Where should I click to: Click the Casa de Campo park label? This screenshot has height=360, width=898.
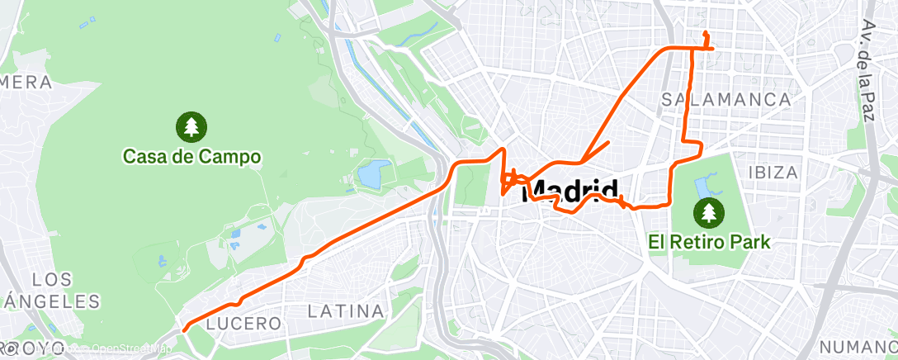click(x=191, y=155)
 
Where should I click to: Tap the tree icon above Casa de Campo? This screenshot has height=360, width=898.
click(x=191, y=126)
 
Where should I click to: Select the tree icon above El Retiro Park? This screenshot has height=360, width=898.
click(x=708, y=213)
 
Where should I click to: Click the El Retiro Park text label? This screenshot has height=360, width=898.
click(x=709, y=243)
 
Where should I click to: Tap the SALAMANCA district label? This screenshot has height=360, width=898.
click(x=726, y=99)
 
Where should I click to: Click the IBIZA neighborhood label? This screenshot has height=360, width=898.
click(x=773, y=173)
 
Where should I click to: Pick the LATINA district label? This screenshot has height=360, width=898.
click(x=346, y=311)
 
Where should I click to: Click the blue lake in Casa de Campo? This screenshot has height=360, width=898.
click(x=374, y=173)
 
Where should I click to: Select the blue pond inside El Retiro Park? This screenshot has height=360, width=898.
click(x=706, y=186)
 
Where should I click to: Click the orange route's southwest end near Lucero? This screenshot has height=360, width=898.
click(x=184, y=329)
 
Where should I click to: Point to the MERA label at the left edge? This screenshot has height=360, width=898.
click(x=26, y=82)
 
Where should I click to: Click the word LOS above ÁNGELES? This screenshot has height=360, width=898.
click(x=51, y=279)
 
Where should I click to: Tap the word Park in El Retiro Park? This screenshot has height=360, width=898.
click(x=753, y=243)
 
